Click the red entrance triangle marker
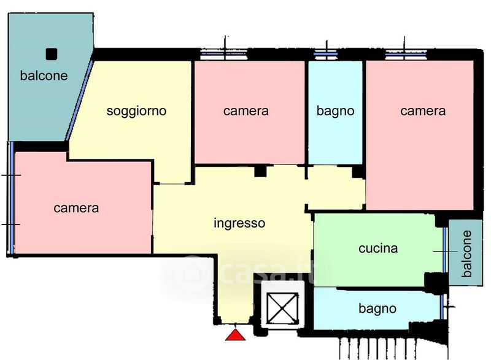[x=236, y=335]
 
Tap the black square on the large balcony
[x=52, y=54]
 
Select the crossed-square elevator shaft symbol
[x=282, y=308]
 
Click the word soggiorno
[x=136, y=112]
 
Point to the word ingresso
[x=239, y=224]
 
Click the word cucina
[x=378, y=248]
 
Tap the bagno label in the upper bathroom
[x=335, y=111]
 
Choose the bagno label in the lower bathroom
[x=377, y=309]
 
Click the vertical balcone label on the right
[x=466, y=254]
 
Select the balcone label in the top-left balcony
[x=44, y=75]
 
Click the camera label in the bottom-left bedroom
[x=76, y=209]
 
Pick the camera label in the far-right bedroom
[x=423, y=111]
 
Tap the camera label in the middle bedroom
[x=246, y=111]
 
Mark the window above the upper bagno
[x=326, y=54]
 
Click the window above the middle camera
[x=223, y=54]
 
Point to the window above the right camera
[x=406, y=54]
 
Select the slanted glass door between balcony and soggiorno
[x=79, y=101]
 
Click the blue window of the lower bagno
[x=442, y=307]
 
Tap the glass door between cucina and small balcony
[x=444, y=250]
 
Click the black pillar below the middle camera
[x=260, y=171]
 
